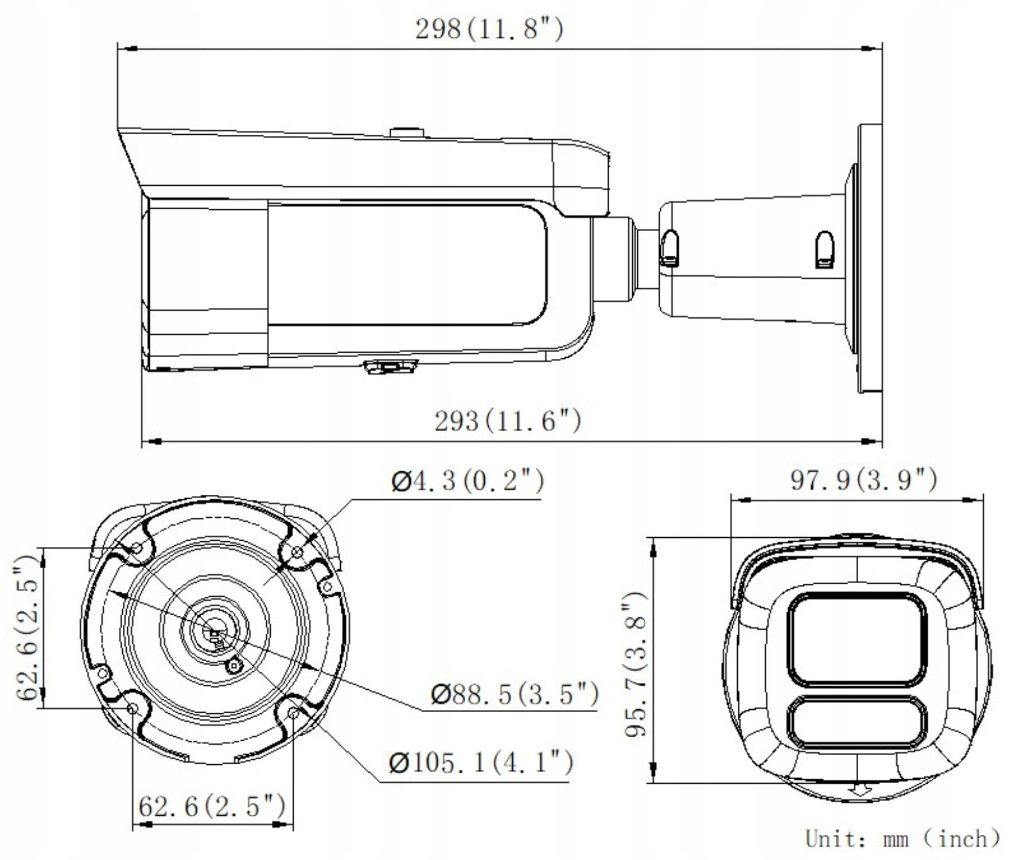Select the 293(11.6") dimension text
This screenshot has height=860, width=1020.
click(508, 421)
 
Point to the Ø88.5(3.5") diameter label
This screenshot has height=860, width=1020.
click(514, 694)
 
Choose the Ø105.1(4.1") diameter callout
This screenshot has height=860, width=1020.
click(481, 763)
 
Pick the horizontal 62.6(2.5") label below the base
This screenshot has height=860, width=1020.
click(212, 807)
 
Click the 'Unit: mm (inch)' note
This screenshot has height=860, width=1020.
click(903, 839)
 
